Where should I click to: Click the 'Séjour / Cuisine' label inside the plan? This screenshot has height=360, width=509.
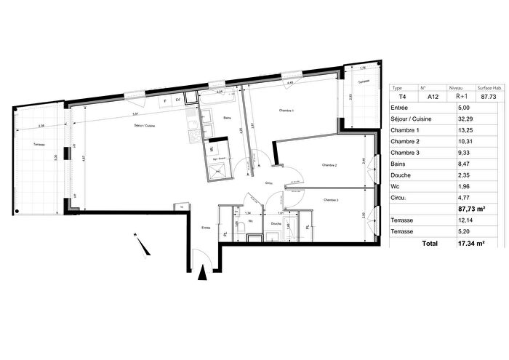(144, 126)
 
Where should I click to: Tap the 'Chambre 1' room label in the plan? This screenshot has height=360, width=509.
(286, 110)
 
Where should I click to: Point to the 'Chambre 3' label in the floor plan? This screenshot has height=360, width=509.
(332, 200)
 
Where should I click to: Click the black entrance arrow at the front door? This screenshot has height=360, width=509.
(202, 273)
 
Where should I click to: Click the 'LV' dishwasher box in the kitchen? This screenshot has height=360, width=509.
(177, 99)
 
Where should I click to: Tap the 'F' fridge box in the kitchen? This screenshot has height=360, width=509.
(164, 99)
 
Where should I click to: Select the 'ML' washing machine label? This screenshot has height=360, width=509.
(212, 149)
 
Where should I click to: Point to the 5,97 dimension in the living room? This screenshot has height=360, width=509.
(136, 115)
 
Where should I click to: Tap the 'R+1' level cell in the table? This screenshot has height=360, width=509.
(462, 95)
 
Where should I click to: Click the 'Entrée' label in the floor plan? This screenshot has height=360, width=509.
(205, 228)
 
